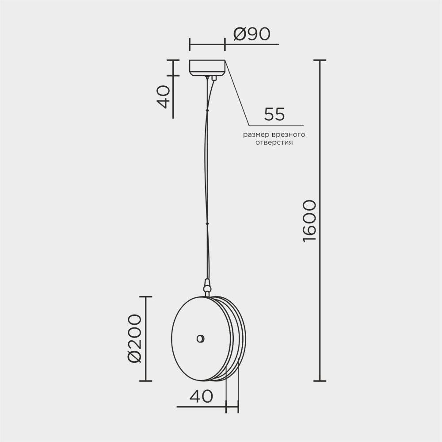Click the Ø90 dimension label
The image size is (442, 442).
point(251,34)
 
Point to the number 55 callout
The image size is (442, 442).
point(274,114)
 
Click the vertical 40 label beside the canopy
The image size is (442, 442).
point(163,97)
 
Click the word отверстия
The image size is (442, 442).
point(274,143)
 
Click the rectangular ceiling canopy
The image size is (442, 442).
point(207,67)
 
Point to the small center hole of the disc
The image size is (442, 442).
point(200,339)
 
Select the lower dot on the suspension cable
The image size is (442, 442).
point(206,224)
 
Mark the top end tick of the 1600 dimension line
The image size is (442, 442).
point(320,60)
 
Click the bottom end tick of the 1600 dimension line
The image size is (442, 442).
point(320,381)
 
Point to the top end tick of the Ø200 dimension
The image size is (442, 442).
point(145,297)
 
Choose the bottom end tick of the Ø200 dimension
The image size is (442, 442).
point(145,381)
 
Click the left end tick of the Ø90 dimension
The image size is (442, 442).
point(190,45)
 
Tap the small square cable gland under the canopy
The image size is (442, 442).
point(214,78)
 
